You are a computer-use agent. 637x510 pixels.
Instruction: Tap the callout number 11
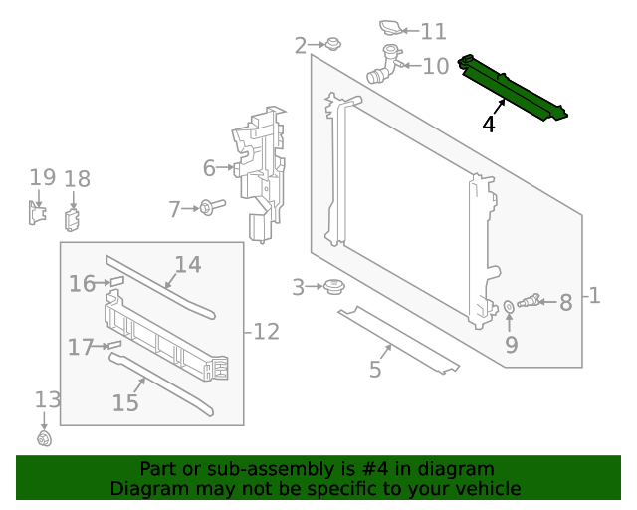433,32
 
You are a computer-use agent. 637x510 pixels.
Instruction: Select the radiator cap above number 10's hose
392,28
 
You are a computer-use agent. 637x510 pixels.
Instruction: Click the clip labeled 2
333,44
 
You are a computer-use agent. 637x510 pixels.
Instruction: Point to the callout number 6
209,168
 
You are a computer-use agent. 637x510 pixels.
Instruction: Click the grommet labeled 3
334,288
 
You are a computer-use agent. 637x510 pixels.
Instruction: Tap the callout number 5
375,370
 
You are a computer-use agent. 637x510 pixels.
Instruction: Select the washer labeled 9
509,305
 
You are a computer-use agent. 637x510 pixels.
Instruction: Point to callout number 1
594,296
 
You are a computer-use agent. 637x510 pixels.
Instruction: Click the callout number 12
266,332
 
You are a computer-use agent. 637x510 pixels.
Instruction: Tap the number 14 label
188,265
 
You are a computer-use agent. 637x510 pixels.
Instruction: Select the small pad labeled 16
115,283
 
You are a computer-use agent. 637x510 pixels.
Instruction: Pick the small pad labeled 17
113,346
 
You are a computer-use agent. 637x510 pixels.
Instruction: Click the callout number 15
125,402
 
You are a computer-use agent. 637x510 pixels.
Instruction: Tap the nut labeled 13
44,438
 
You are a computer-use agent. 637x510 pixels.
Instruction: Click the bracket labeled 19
36,212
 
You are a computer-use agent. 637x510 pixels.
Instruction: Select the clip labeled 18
73,219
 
